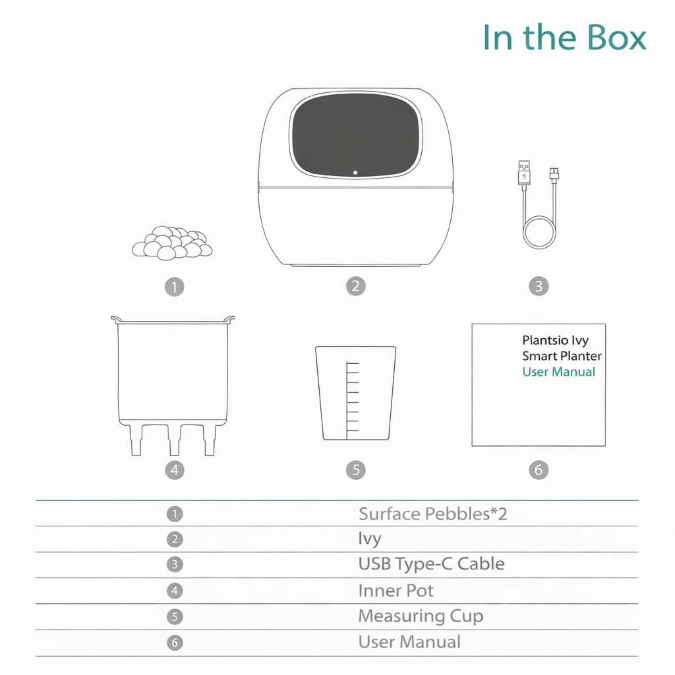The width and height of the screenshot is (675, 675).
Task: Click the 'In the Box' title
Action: click(564, 38)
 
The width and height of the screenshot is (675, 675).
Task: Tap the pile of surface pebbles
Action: click(172, 243)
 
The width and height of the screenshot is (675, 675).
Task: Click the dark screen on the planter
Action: click(356, 135)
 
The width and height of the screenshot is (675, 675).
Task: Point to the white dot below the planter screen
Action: click(355, 173)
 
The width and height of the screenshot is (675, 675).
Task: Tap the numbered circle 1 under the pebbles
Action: click(174, 287)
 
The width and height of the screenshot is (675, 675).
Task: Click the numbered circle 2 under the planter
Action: click(355, 286)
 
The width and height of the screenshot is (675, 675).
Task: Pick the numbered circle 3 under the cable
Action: click(539, 287)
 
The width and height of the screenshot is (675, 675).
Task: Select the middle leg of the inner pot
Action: click(174, 440)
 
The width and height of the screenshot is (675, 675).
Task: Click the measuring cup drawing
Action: click(355, 393)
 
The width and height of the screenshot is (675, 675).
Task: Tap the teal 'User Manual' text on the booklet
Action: click(558, 372)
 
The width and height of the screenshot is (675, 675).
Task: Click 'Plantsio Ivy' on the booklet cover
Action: click(555, 341)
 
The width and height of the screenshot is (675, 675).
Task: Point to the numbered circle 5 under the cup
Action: click(355, 470)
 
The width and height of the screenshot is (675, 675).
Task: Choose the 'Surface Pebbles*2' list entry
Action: click(432, 514)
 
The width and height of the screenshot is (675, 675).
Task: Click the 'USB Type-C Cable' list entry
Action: click(431, 564)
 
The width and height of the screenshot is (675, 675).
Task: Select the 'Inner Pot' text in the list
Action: click(396, 591)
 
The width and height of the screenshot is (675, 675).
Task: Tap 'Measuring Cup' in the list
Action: click(421, 616)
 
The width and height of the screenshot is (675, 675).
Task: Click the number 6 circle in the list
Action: click(175, 643)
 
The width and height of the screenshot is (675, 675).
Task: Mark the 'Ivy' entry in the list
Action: click(370, 539)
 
